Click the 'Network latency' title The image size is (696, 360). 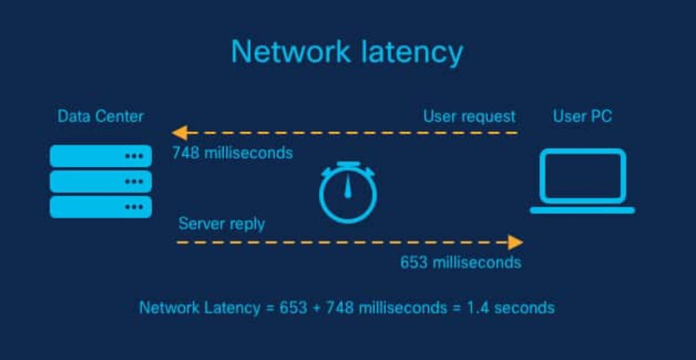click(x=347, y=52)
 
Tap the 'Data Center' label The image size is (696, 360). click(x=101, y=117)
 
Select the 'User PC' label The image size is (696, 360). click(x=583, y=117)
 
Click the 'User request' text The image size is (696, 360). click(x=469, y=117)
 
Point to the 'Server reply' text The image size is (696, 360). click(x=221, y=223)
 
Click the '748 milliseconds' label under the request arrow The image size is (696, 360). click(x=232, y=153)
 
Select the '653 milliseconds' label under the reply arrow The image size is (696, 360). click(x=460, y=263)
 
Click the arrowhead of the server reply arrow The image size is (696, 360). click(x=515, y=242)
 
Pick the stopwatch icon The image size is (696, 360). click(x=348, y=194)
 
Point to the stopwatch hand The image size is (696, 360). click(x=348, y=187)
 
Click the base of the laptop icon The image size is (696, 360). click(x=583, y=210)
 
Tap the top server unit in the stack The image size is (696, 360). click(x=101, y=156)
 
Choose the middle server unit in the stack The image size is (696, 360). click(x=101, y=181)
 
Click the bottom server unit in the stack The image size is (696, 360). click(x=101, y=207)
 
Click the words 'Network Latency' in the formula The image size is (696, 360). click(x=200, y=307)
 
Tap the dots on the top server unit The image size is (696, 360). click(x=134, y=156)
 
